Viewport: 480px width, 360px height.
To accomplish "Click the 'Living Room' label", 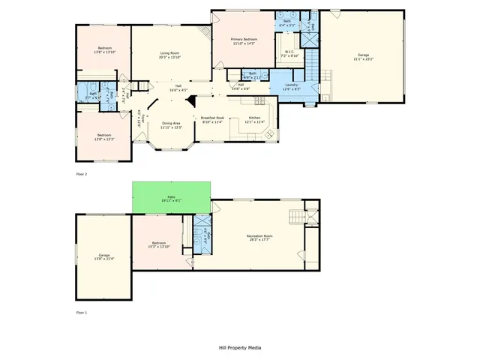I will [169, 53].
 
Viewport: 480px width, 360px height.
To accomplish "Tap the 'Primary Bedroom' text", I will [244, 39].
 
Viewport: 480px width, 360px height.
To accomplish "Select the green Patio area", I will [171, 196].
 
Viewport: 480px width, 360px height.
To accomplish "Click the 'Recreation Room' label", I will [259, 235].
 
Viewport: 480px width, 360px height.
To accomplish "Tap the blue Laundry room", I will [292, 85].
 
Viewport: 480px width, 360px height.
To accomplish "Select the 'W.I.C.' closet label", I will [289, 52].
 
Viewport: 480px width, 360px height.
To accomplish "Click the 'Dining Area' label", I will [171, 123].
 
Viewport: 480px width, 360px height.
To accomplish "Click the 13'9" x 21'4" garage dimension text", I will [103, 259].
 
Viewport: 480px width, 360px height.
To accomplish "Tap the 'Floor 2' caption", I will [82, 174].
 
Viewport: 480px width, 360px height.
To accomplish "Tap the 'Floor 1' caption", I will [82, 311].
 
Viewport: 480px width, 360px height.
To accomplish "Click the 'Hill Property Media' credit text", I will [239, 348].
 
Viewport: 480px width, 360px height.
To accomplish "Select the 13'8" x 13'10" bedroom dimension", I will [103, 52].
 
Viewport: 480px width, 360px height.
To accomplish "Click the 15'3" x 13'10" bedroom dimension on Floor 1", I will [160, 246].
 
